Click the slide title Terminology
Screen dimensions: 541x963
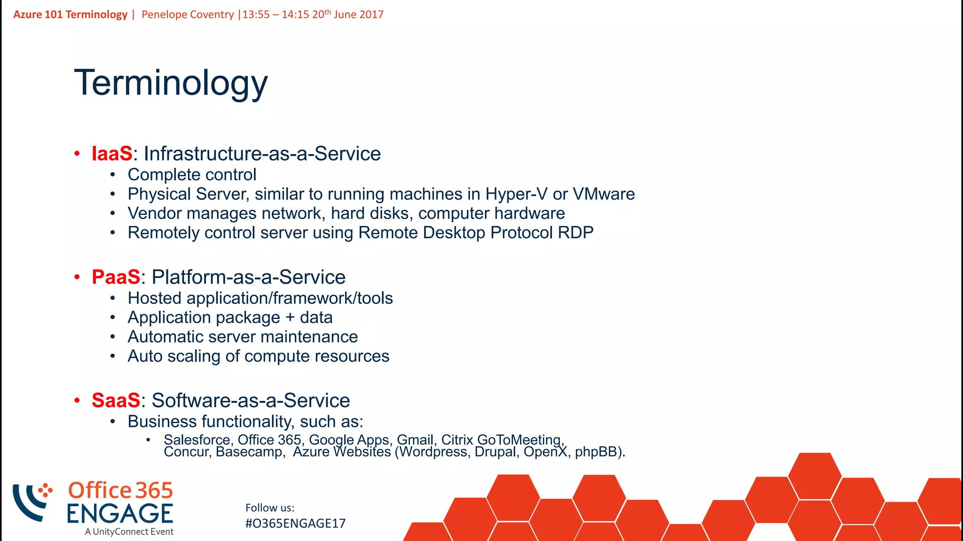171,83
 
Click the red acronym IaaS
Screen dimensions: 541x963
112,154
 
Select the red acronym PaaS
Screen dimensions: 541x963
116,277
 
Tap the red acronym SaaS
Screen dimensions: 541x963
116,401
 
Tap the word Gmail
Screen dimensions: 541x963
415,440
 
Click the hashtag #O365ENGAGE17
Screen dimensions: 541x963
295,524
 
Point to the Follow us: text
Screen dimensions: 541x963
270,508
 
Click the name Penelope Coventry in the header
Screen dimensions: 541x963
188,15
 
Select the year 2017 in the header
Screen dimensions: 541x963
371,15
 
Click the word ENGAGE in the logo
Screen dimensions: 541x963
120,514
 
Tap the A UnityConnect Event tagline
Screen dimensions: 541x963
129,532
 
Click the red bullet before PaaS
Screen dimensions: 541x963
77,277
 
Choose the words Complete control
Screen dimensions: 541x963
192,175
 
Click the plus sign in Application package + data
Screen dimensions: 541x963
290,317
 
